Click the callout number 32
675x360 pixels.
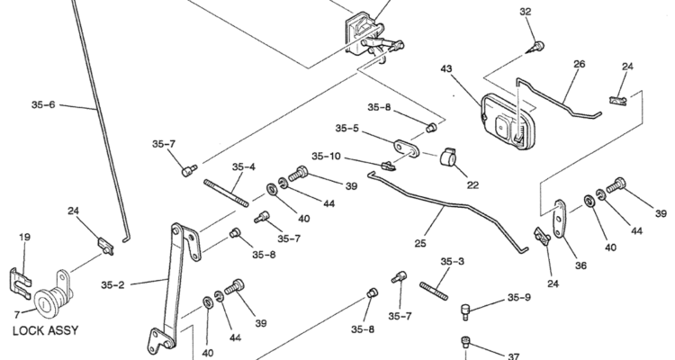click(x=526, y=12)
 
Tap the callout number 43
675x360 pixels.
click(x=446, y=68)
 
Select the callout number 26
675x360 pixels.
click(x=579, y=64)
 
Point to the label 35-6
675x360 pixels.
click(x=43, y=104)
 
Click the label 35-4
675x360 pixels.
click(x=243, y=166)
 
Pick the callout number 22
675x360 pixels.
click(x=472, y=185)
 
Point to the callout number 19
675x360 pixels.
click(x=25, y=237)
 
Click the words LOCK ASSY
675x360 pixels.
click(x=45, y=330)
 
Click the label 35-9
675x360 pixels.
click(x=519, y=297)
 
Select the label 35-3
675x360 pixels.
click(x=452, y=262)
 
